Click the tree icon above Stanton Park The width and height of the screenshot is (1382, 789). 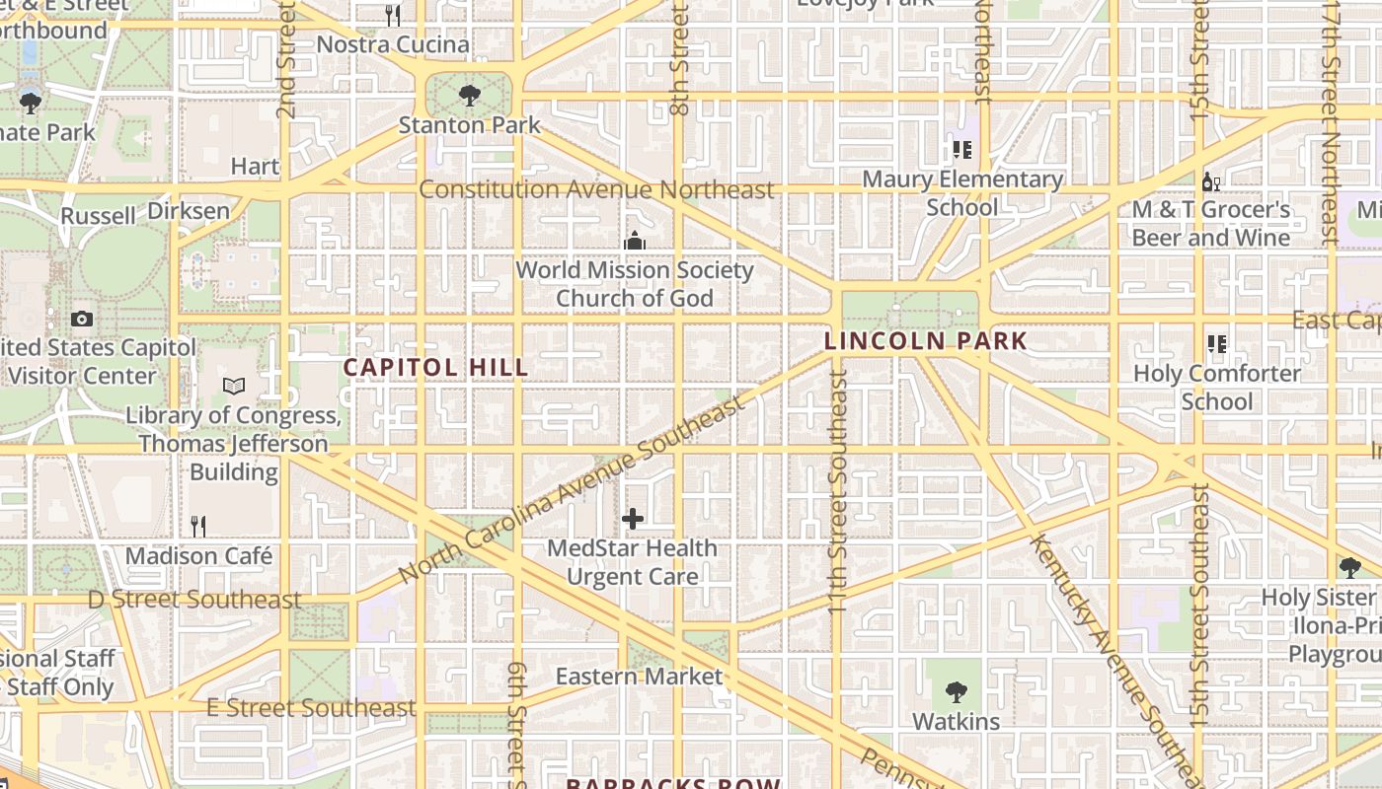(x=469, y=96)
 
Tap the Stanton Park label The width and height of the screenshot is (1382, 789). (x=470, y=125)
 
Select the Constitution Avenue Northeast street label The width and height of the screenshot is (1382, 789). (x=596, y=189)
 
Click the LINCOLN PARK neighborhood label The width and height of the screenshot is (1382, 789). (x=925, y=341)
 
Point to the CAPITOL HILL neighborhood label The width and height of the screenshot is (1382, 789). (x=435, y=368)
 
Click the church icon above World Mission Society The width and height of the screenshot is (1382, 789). (x=634, y=241)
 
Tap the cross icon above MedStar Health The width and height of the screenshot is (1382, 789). (x=633, y=519)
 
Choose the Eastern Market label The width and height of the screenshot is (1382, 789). (x=639, y=677)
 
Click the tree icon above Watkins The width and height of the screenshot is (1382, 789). (x=956, y=691)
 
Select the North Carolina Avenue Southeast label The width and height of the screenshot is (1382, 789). (x=572, y=490)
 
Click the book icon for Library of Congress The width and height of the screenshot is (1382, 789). (x=233, y=387)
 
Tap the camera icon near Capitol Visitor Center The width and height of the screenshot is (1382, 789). (x=82, y=319)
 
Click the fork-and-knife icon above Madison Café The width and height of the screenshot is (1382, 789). (x=198, y=526)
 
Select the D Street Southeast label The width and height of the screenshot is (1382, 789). (x=194, y=600)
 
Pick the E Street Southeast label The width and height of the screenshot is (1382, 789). (x=311, y=708)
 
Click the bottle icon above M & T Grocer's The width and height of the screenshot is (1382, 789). (x=1211, y=181)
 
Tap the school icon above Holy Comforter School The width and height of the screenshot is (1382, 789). (x=1216, y=344)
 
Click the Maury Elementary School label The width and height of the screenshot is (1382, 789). (x=962, y=193)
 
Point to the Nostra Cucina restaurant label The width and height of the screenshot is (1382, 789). (x=393, y=44)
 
